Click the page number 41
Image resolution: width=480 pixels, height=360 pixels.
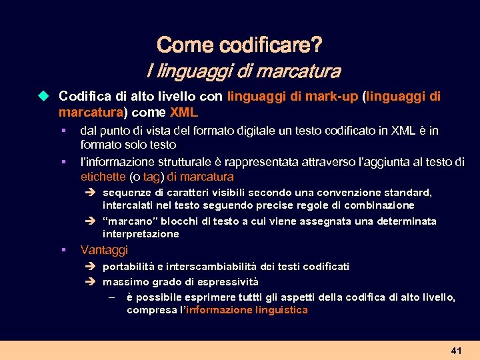coord(456,350)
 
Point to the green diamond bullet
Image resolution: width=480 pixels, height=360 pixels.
coord(44,96)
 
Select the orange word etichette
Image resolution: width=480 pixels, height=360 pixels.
coord(103,177)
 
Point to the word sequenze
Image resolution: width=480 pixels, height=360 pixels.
coord(126,193)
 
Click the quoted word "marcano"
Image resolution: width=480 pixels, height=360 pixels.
coord(127,221)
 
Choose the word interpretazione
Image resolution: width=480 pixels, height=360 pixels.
coord(141,234)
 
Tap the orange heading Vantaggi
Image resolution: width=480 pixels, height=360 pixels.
coord(104,250)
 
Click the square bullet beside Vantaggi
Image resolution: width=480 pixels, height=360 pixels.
coord(62,250)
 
